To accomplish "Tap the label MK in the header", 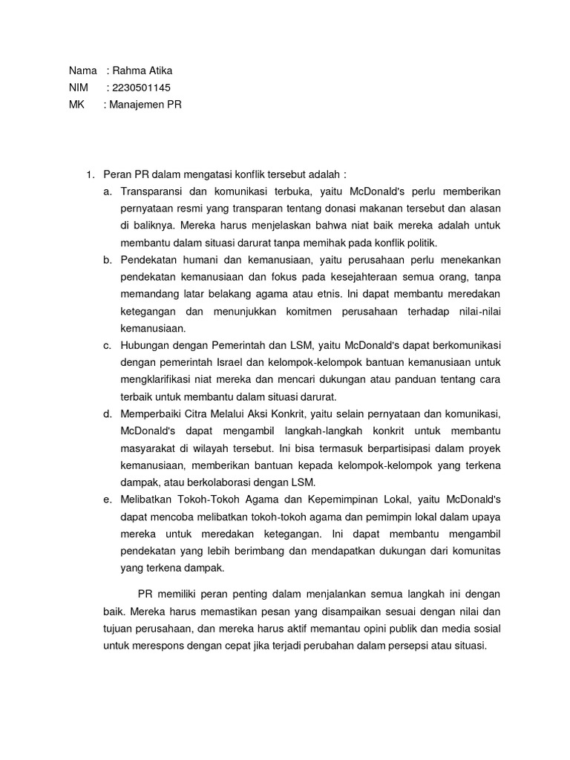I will click(x=76, y=105).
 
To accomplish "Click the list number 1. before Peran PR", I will click(x=91, y=174).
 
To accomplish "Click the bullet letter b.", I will click(x=108, y=260).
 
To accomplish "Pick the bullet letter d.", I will click(x=108, y=413).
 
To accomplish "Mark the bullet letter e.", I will click(x=108, y=499).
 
